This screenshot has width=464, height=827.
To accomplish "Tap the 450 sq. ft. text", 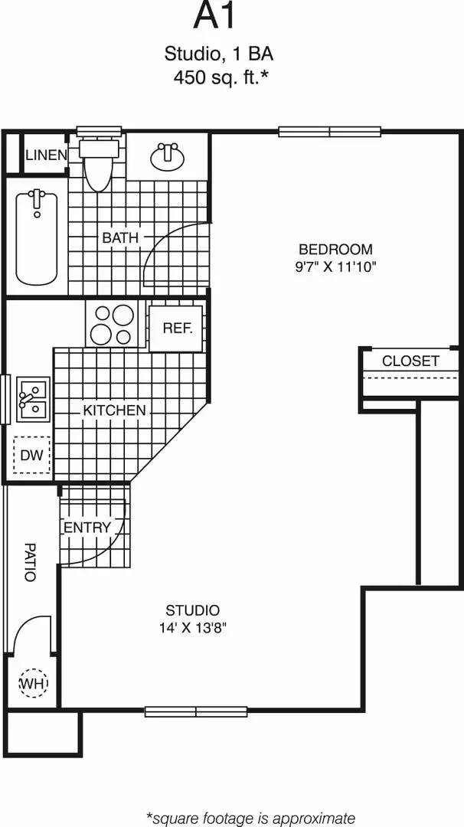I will coord(220,77).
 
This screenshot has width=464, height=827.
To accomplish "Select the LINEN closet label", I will coord(46,155).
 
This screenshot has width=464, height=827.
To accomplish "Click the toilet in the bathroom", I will coord(98,165).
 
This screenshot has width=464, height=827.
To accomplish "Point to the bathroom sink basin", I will coord(167,157).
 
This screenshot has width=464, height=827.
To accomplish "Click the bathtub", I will coord(37,237).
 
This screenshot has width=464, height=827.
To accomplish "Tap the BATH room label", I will coord(120,238).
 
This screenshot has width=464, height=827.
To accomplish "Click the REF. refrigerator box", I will coord(176,328).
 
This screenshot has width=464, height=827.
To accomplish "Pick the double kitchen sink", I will coord(32,399).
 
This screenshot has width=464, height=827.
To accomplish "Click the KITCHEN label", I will coord(114,410).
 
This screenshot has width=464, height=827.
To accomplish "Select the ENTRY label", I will coord(87,528).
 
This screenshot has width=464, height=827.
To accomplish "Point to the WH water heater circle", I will coord(32,682).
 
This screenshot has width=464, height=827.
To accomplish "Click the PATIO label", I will coord(30,562).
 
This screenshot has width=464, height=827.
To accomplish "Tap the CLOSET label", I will coord(410,361).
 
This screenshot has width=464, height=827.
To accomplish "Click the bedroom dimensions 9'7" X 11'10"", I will coord(335,267).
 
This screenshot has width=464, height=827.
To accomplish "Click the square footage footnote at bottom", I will coord(250,817).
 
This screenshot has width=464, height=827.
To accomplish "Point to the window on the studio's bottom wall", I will coord(196,711).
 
